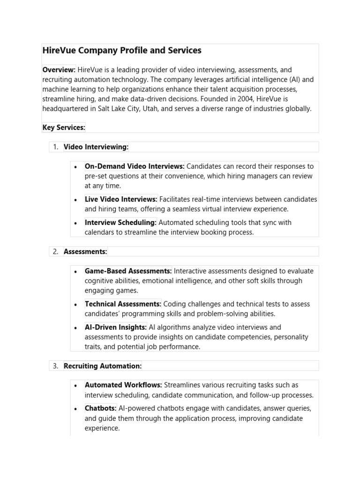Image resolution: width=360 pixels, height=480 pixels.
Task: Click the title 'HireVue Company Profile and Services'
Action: coord(122,50)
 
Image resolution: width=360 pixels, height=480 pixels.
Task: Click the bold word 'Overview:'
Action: coord(59,70)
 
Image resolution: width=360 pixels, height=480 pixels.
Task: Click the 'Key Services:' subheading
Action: coord(64,128)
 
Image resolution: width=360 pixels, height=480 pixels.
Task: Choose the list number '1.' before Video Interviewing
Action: coord(55,147)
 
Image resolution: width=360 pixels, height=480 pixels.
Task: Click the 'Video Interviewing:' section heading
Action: coord(96,147)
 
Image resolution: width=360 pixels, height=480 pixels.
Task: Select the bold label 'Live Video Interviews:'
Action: coord(121,199)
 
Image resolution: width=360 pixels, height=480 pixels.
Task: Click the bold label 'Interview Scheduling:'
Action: coord(120,223)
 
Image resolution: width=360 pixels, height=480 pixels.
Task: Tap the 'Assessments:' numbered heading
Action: coord(85,252)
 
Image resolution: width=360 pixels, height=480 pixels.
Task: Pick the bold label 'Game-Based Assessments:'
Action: coord(128,271)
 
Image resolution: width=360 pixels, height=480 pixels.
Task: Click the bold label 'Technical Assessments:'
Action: coord(123,304)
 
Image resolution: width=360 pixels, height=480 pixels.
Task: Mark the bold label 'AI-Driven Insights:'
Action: coord(116,327)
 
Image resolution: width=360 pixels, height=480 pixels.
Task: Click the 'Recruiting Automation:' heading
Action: coord(103,366)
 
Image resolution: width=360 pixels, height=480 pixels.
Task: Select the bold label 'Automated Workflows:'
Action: coord(123,385)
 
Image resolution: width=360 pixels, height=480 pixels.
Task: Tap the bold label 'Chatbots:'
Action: coord(101,408)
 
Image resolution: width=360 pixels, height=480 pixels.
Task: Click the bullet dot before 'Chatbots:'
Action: coord(75,409)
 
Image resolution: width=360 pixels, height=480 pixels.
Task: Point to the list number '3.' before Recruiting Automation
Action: coord(55,366)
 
